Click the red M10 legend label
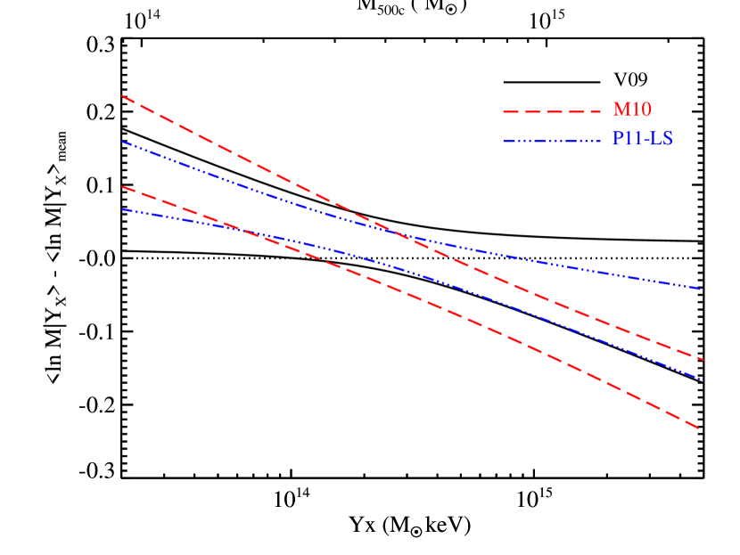click(632, 110)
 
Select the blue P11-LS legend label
click(642, 140)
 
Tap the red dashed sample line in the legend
click(552, 111)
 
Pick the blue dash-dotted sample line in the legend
click(552, 141)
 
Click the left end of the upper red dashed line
click(122, 96)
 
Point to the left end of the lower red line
click(122, 187)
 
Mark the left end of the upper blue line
click(122, 142)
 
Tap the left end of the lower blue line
click(122, 209)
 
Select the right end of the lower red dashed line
click(699, 428)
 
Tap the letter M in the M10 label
click(621, 110)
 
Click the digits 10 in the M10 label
click(642, 110)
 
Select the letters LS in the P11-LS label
click(662, 140)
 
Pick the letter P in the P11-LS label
click(618, 140)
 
